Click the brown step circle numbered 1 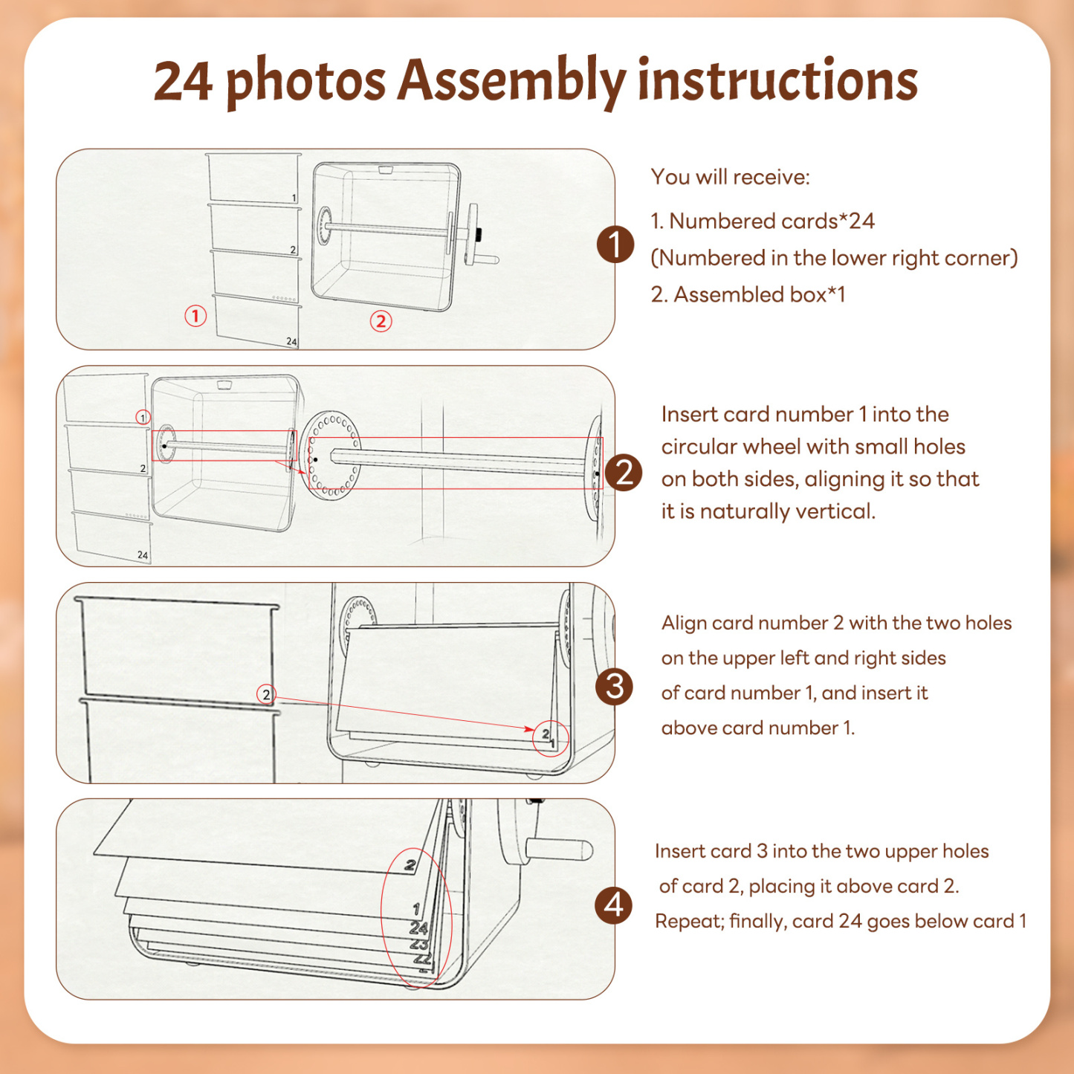click(615, 244)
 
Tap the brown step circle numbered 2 click(624, 473)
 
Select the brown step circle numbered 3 click(614, 686)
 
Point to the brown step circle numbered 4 click(614, 905)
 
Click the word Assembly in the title click(511, 83)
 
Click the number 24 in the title click(183, 81)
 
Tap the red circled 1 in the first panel click(195, 316)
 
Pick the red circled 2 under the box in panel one click(381, 321)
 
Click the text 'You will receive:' click(730, 177)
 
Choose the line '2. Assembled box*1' click(748, 294)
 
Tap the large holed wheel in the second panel click(331, 453)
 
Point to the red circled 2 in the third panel click(266, 694)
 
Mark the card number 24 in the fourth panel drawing click(418, 928)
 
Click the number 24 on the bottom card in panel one click(291, 341)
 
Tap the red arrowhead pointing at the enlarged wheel click(303, 471)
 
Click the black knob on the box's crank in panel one click(479, 233)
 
